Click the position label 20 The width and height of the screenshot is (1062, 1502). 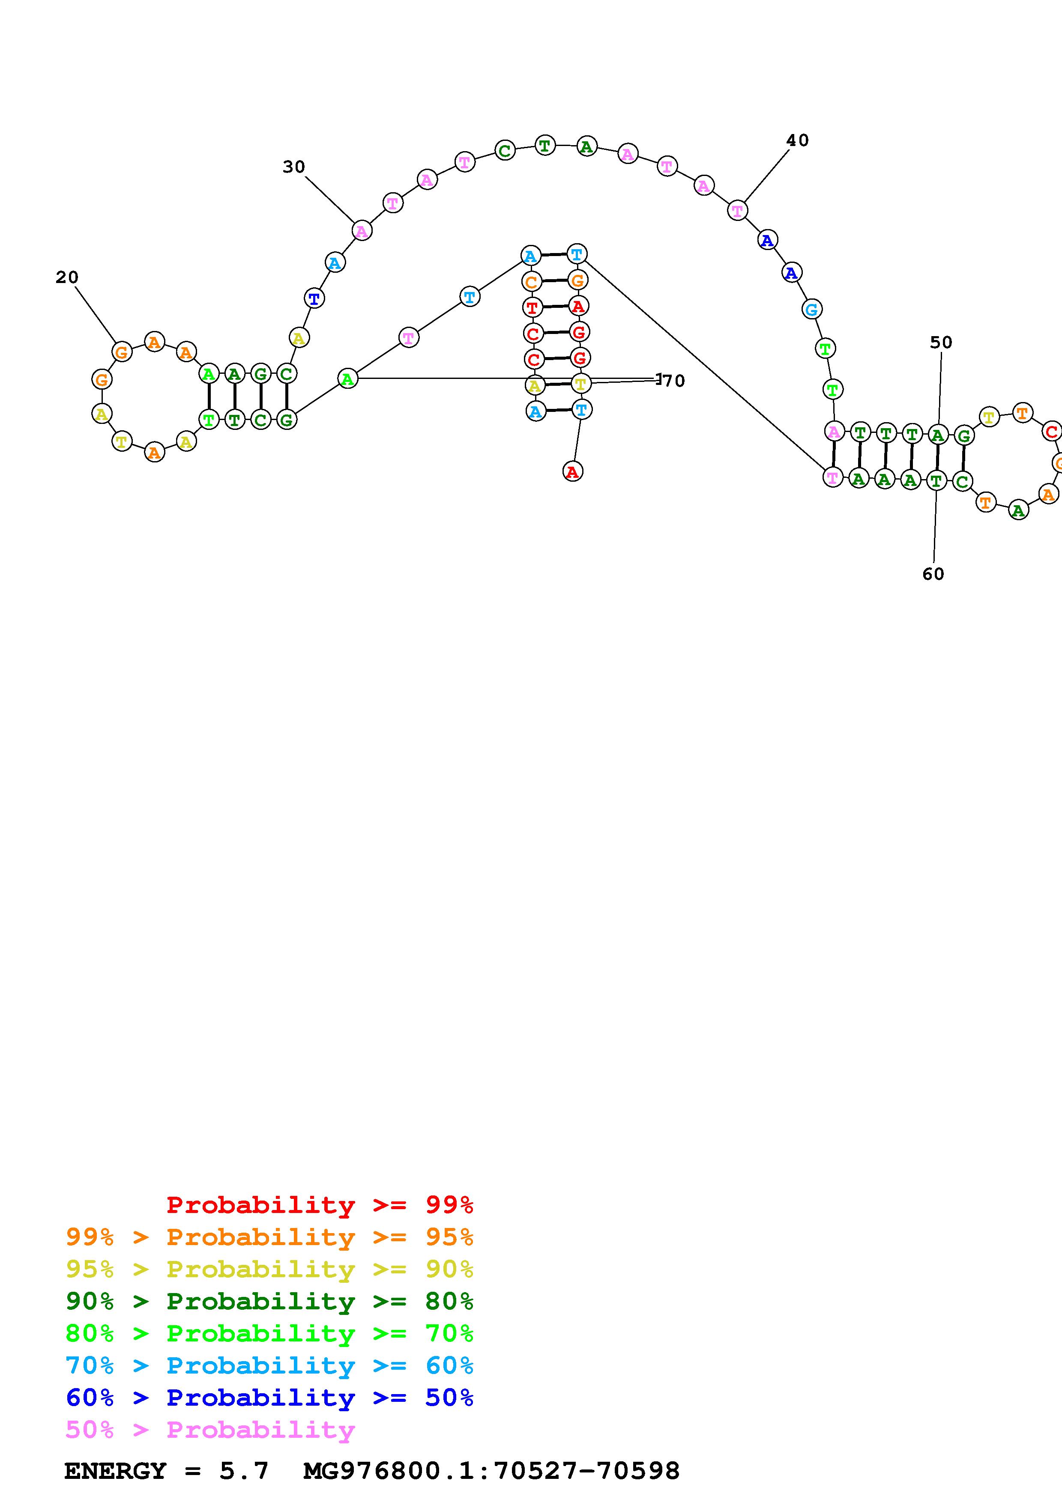[67, 277]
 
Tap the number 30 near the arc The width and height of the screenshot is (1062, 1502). [294, 167]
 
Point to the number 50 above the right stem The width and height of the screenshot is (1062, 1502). [941, 342]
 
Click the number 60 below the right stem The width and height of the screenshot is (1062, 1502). [933, 574]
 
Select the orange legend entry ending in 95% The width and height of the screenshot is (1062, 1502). [269, 1237]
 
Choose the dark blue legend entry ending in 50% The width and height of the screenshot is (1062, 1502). [269, 1398]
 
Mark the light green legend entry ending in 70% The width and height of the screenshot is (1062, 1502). [269, 1333]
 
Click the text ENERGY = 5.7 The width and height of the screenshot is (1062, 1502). [166, 1471]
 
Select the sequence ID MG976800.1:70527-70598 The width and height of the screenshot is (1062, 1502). [491, 1471]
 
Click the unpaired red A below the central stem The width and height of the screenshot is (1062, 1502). [572, 471]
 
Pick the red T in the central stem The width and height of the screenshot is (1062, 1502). [532, 307]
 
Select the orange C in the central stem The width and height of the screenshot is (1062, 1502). [531, 282]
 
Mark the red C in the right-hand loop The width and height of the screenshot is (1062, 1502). [1051, 432]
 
